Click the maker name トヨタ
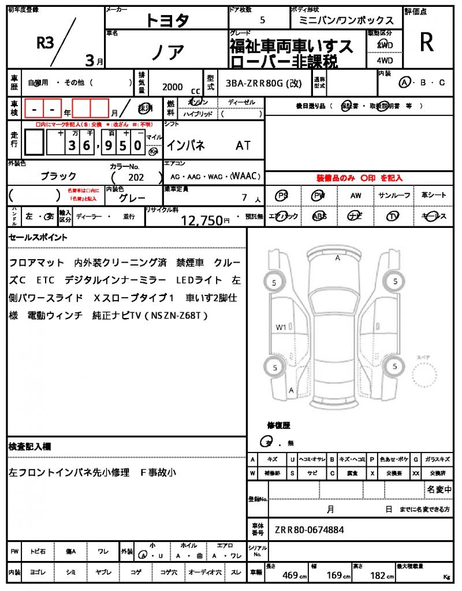click(167, 20)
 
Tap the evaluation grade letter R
click(427, 42)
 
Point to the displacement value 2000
click(172, 87)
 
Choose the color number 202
click(136, 178)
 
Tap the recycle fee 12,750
click(202, 220)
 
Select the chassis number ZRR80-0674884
click(309, 529)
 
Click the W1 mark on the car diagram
click(281, 327)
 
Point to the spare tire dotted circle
click(425, 378)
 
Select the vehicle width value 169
click(334, 575)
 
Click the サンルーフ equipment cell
click(394, 196)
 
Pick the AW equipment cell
click(356, 196)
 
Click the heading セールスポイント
click(38, 237)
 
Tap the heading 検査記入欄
click(30, 447)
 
